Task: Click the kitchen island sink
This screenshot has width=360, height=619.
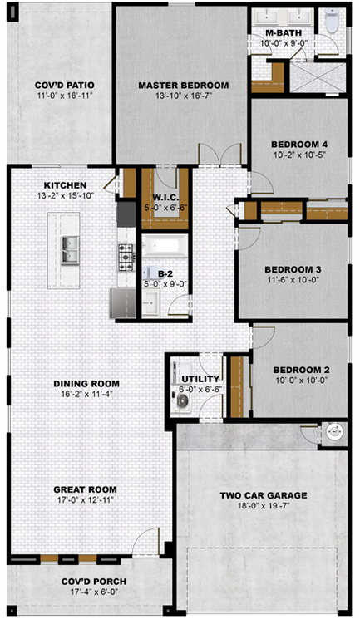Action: pyautogui.click(x=70, y=250)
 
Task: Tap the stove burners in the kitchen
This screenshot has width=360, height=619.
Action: pyautogui.click(x=126, y=257)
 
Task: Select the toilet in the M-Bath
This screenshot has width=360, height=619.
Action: pyautogui.click(x=333, y=21)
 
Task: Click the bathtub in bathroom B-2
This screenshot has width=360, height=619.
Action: pyautogui.click(x=165, y=245)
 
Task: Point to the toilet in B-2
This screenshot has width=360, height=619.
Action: pyautogui.click(x=150, y=272)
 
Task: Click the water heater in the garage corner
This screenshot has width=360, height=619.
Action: pyautogui.click(x=333, y=432)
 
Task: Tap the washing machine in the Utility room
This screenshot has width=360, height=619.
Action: pyautogui.click(x=182, y=401)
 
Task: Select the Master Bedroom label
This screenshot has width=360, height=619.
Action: pyautogui.click(x=184, y=86)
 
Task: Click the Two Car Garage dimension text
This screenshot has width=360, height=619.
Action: pyautogui.click(x=264, y=505)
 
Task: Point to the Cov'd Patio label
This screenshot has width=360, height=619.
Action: pyautogui.click(x=64, y=86)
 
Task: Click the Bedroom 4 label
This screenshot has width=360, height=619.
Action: pyautogui.click(x=299, y=145)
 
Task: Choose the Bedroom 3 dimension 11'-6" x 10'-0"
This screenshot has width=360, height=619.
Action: pyautogui.click(x=293, y=279)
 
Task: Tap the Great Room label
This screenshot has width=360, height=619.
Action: pyautogui.click(x=86, y=489)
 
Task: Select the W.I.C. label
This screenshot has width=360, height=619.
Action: pyautogui.click(x=164, y=198)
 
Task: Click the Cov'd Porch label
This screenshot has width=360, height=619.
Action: pyautogui.click(x=94, y=582)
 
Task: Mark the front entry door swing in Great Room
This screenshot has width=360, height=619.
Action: pyautogui.click(x=145, y=541)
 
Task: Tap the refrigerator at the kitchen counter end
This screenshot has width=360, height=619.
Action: pyautogui.click(x=123, y=303)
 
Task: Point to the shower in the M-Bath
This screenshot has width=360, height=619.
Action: pyautogui.click(x=318, y=78)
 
